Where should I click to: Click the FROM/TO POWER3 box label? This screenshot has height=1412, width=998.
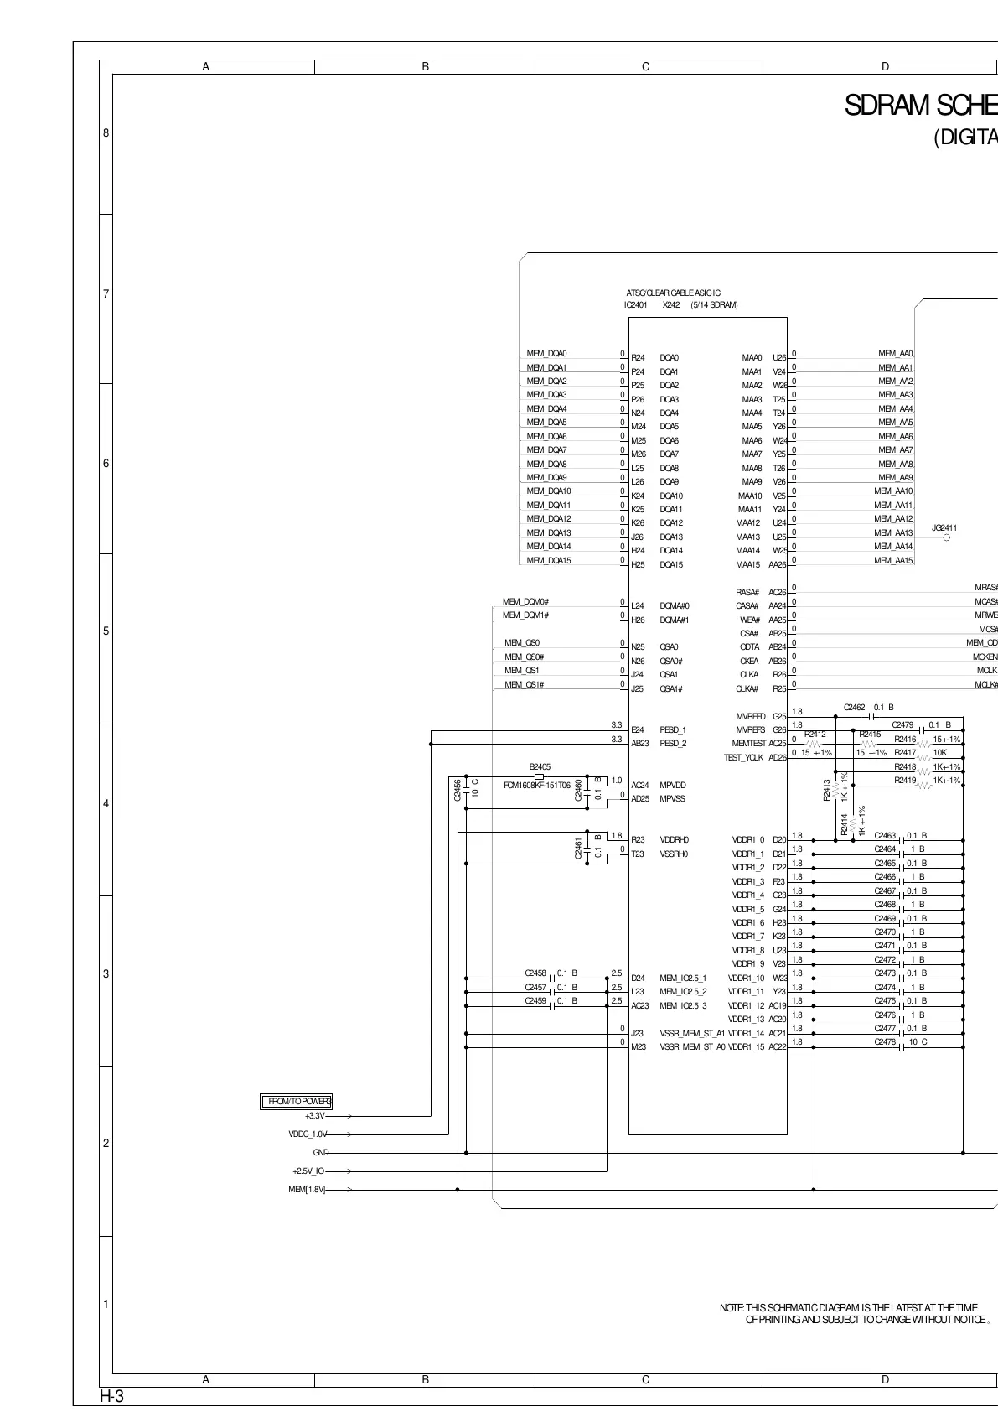[x=297, y=1102]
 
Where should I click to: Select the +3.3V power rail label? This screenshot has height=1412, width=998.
[x=315, y=1116]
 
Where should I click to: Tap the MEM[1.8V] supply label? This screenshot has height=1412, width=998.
[x=307, y=1190]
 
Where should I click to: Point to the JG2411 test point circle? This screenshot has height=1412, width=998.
[x=947, y=538]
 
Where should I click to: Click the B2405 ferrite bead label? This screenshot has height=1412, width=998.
[x=540, y=766]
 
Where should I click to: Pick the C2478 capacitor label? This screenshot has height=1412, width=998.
[x=886, y=1042]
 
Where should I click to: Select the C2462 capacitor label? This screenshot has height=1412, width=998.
[x=855, y=708]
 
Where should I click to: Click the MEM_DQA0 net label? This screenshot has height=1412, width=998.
[x=546, y=354]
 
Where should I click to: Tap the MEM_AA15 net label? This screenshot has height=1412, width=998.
[x=893, y=560]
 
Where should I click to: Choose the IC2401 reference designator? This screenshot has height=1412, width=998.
[x=636, y=305]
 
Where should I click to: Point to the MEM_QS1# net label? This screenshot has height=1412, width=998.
[x=525, y=685]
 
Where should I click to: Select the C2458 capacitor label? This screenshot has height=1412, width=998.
[x=536, y=973]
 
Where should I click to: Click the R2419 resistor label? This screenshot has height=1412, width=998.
[x=905, y=781]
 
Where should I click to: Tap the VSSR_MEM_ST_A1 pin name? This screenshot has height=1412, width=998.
[x=692, y=1033]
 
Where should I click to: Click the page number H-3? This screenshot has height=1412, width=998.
[x=111, y=1397]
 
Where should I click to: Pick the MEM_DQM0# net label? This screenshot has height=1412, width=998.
[x=525, y=602]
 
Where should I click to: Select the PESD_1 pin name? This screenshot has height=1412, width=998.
[x=673, y=730]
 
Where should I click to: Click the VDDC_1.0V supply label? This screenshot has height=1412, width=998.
[x=308, y=1134]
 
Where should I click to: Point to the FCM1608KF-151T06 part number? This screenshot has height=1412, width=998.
[x=537, y=786]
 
